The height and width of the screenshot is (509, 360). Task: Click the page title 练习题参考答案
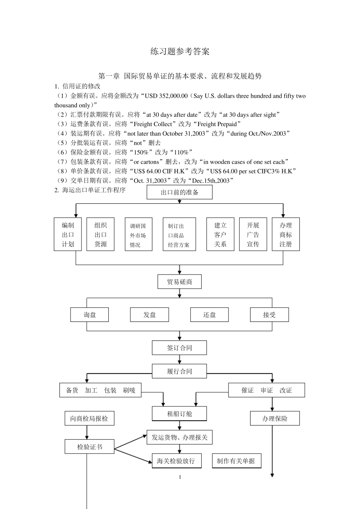tap(180, 52)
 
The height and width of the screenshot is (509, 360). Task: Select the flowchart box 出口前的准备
tap(180, 192)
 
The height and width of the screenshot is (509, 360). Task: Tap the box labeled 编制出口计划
tap(68, 234)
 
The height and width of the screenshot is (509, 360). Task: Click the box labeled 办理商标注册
tap(286, 234)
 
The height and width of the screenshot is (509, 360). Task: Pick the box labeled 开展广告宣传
tap(253, 234)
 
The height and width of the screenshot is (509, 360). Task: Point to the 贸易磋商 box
tap(180, 282)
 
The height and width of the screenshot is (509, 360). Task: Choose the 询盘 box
tap(90, 315)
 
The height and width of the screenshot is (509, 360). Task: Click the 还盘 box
tap(209, 315)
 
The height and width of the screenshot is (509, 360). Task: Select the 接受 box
tap(269, 315)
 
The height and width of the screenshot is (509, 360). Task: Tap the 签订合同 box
tap(180, 348)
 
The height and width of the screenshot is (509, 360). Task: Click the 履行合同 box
tap(180, 371)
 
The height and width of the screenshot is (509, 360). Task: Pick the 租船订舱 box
tap(180, 414)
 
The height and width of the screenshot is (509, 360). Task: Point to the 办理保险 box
tap(275, 418)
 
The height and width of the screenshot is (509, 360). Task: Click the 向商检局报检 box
tap(89, 418)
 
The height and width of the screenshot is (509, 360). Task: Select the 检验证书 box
tap(89, 447)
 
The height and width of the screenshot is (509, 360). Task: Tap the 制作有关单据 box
tap(236, 461)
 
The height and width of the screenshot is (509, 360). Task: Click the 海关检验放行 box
tap(176, 461)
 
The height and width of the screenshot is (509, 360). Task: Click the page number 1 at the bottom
tap(180, 477)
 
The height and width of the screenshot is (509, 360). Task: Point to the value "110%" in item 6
tap(180, 152)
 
